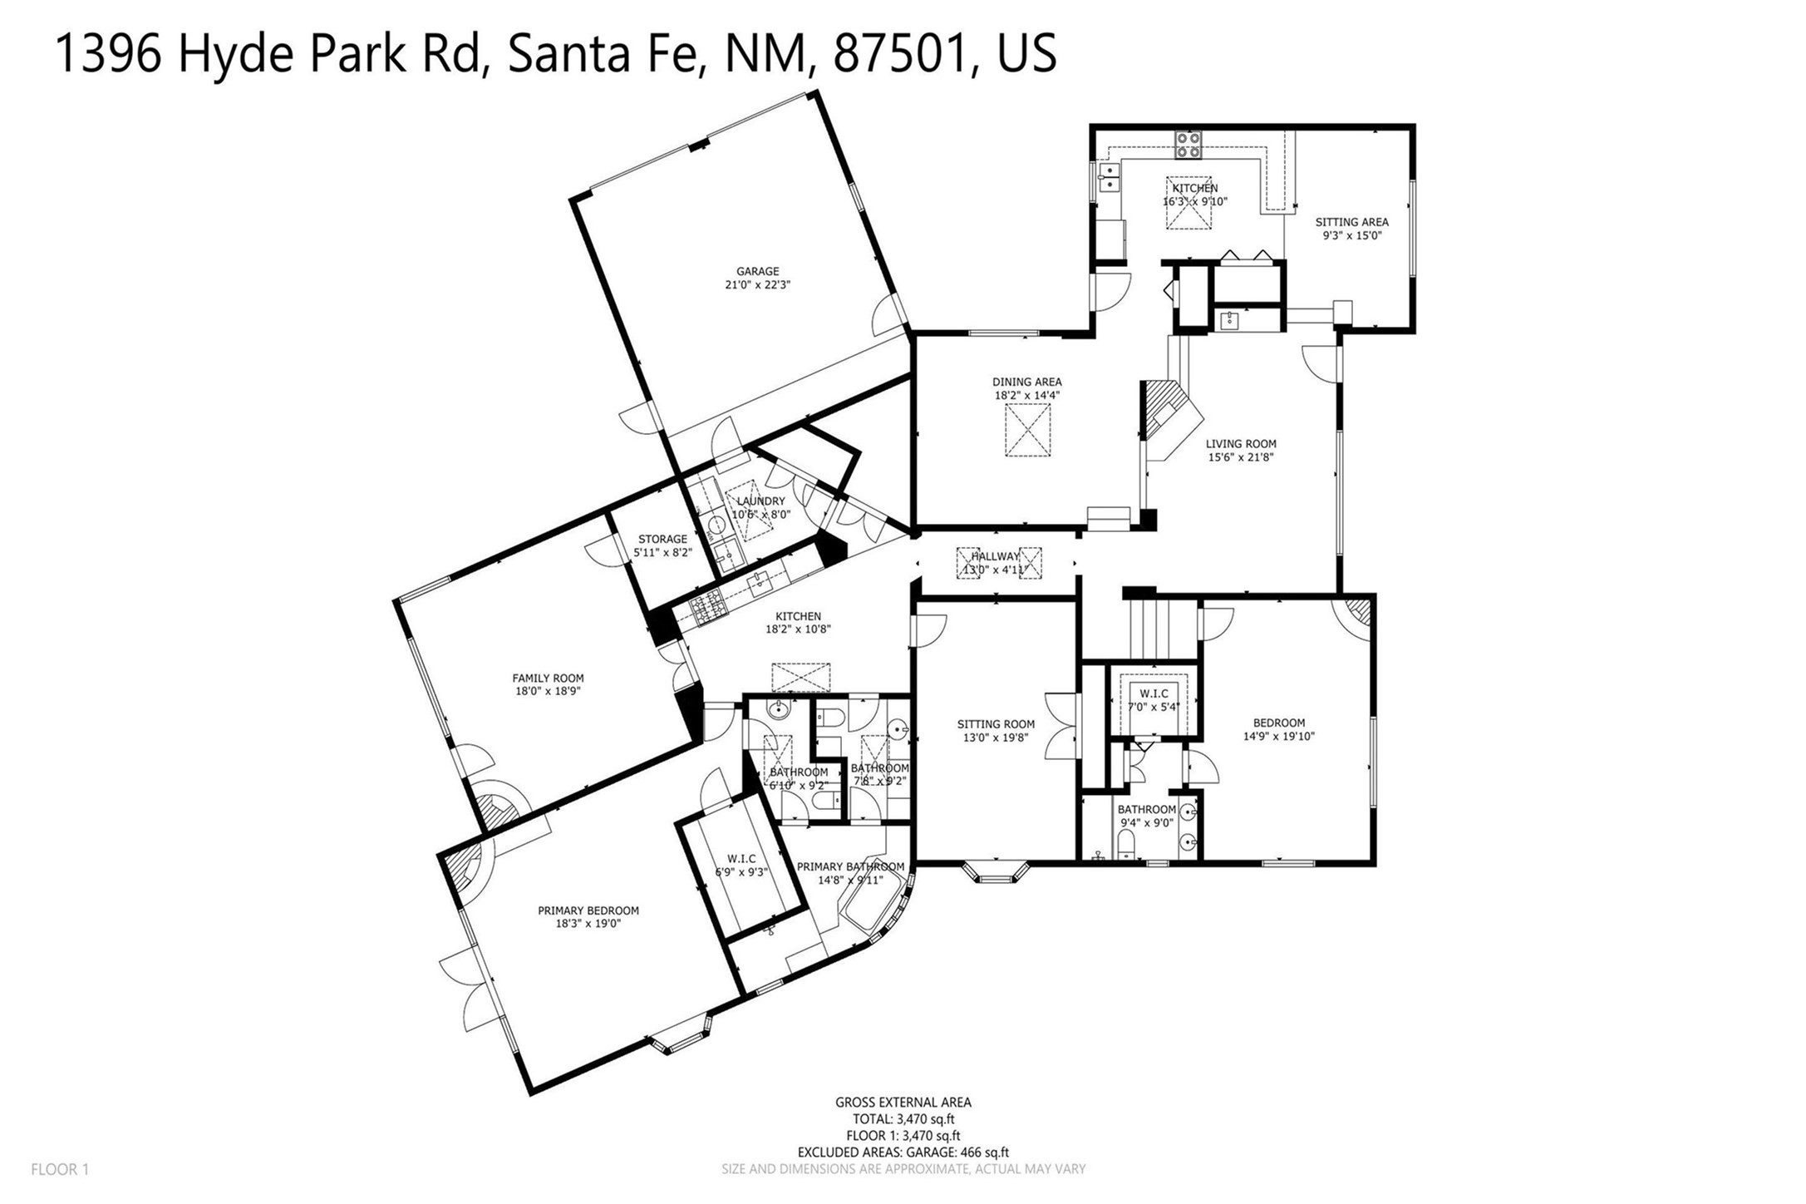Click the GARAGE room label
(x=757, y=271)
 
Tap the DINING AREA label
(x=1026, y=382)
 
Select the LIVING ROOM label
(x=1241, y=444)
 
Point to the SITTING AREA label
(x=1351, y=222)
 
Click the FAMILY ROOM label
(x=548, y=678)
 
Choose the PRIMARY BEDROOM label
(x=588, y=910)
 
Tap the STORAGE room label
(x=662, y=539)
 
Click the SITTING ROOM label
(x=996, y=724)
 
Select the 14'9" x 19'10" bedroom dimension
(x=1278, y=736)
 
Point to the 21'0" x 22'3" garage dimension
(x=757, y=284)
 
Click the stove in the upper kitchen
(x=1187, y=146)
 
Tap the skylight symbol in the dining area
(x=1027, y=430)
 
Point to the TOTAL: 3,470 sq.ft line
(x=903, y=1119)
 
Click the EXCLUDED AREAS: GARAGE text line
(x=903, y=1152)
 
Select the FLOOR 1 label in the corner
(x=60, y=1170)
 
